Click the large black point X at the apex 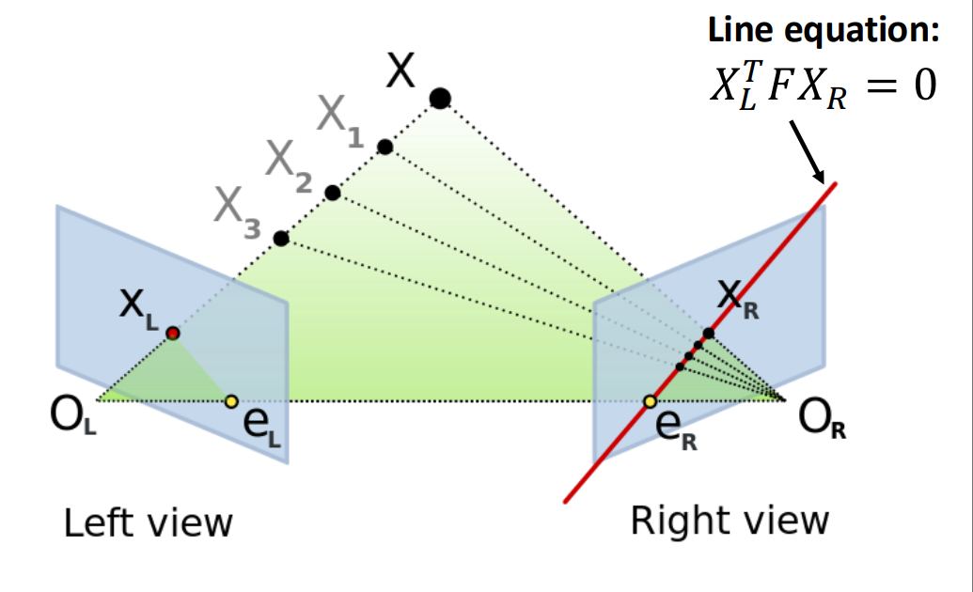pos(439,98)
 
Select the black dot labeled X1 pos(384,147)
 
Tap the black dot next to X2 pos(332,193)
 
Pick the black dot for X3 pos(280,238)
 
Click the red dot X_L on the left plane pos(173,333)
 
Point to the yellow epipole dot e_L pos(231,401)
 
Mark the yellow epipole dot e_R pos(650,402)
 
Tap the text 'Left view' pos(148,522)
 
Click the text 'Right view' pos(730,520)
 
